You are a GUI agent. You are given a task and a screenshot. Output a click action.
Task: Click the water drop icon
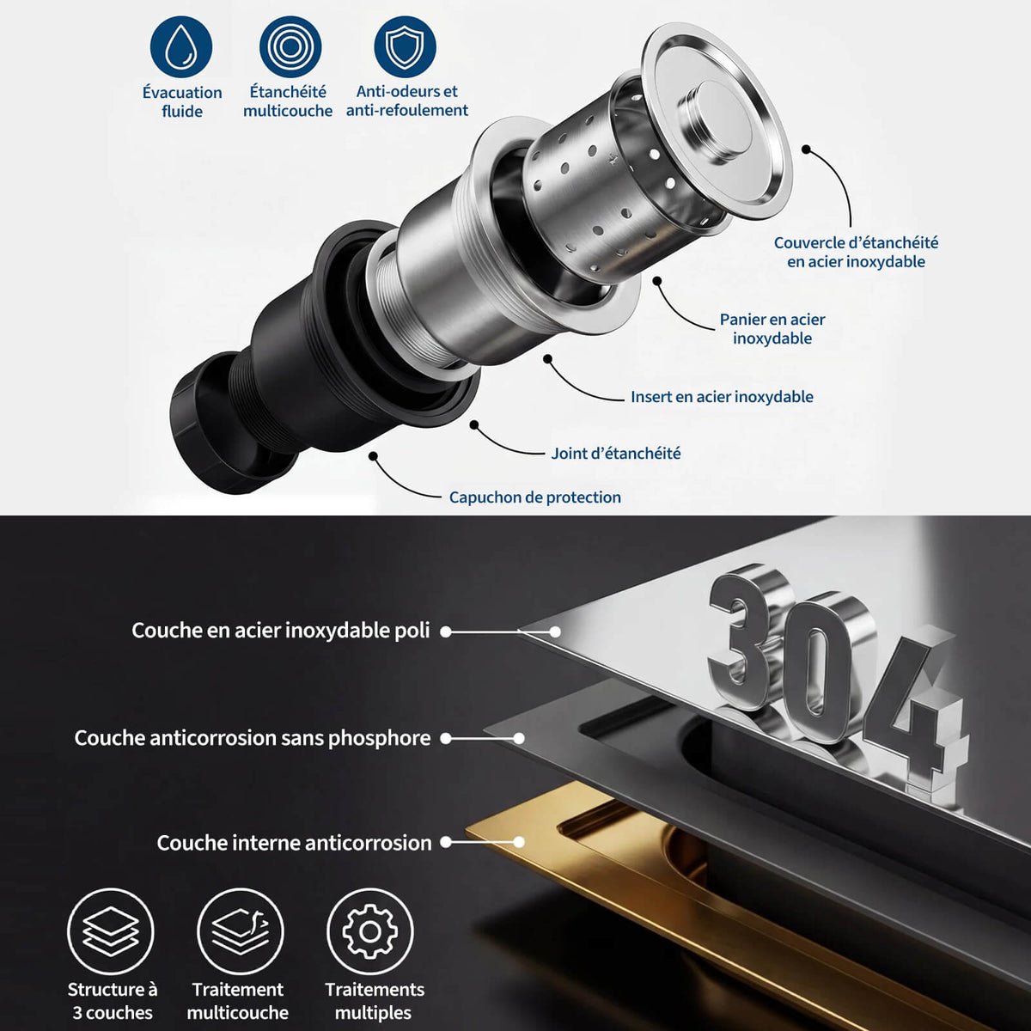point(180,47)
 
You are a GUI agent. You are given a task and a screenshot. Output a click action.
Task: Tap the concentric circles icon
point(290,47)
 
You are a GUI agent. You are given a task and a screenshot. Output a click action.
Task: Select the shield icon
point(405,47)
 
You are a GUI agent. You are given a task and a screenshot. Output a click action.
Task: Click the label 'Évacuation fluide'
point(182,101)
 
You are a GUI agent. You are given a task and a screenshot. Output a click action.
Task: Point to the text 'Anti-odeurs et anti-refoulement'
point(406,101)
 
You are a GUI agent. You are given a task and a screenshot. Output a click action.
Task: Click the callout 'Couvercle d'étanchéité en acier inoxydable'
point(856,252)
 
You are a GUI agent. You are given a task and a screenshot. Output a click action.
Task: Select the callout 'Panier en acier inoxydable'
point(772,328)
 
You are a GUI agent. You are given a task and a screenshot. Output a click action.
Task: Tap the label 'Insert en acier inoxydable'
point(722,396)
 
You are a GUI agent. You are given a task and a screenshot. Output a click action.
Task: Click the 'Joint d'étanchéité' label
point(616,453)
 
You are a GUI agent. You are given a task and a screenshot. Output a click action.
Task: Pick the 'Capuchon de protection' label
point(535,497)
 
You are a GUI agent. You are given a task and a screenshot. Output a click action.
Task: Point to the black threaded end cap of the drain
point(225,423)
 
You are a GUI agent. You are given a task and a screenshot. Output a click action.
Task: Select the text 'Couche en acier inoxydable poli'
point(281,631)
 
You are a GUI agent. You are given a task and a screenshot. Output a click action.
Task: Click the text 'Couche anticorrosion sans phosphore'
point(253,738)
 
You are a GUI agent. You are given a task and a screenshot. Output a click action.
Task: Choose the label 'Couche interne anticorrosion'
point(294,843)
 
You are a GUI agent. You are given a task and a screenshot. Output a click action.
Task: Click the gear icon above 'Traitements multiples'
point(369,931)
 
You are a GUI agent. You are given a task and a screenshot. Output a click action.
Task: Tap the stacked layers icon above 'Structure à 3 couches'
point(111,931)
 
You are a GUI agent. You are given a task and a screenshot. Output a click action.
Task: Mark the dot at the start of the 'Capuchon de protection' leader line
point(374,456)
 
